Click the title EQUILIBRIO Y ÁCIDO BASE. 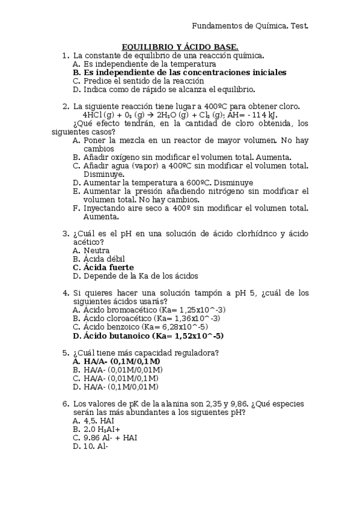point(180,46)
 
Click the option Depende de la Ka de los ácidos point(141,276)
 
